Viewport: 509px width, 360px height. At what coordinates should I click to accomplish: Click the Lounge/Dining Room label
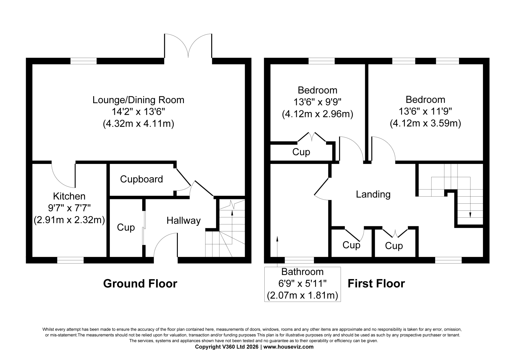(138, 100)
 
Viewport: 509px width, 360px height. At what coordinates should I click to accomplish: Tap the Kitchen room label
(69, 196)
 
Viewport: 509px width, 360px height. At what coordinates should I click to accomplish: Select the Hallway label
(184, 221)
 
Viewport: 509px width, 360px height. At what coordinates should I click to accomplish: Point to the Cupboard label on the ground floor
(141, 179)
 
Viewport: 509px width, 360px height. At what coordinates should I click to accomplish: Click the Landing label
(373, 194)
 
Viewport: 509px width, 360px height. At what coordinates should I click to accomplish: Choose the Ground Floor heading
(140, 284)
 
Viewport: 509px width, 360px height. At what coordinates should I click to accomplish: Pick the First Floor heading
(376, 284)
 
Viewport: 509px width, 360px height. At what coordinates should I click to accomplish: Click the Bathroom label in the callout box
(303, 272)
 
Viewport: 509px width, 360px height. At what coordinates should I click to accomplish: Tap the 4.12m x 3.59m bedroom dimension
(425, 124)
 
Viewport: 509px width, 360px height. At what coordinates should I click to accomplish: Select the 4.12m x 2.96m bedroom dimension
(317, 114)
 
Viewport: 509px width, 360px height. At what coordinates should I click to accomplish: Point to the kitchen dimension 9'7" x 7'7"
(69, 208)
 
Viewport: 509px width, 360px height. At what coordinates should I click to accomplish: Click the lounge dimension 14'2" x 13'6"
(138, 112)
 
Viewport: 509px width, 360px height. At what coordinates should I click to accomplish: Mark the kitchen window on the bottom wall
(70, 260)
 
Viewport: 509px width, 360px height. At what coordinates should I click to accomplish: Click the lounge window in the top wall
(83, 61)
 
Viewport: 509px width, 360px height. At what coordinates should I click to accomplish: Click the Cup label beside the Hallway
(126, 228)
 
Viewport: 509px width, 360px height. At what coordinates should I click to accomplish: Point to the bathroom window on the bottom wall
(299, 260)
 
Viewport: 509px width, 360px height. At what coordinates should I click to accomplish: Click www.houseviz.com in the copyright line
(288, 347)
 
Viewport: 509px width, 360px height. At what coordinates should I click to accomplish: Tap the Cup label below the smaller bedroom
(301, 152)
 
